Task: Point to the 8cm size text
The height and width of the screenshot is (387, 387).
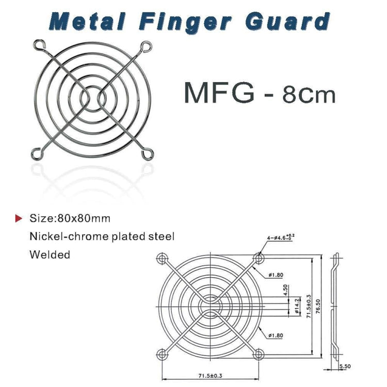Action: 309,95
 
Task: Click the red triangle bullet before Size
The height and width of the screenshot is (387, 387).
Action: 19,218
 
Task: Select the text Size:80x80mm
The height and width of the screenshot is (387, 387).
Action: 70,218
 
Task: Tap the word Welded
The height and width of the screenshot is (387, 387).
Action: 50,254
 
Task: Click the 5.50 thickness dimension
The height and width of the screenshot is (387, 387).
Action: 344,366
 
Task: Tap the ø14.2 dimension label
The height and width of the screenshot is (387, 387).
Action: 297,305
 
